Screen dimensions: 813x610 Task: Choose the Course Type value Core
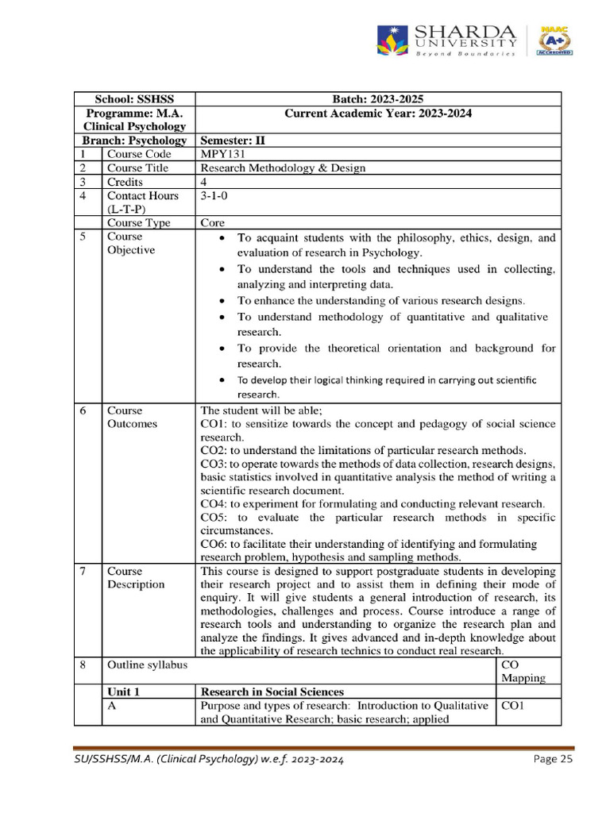coord(213,223)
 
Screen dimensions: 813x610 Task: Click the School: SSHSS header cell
coord(134,98)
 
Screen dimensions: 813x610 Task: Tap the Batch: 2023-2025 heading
coord(377,98)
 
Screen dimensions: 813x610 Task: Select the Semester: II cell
coord(233,140)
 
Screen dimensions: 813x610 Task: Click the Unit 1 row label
coord(124,692)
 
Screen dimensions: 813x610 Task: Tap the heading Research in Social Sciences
coord(272,692)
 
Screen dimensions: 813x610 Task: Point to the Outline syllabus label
coord(147,665)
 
